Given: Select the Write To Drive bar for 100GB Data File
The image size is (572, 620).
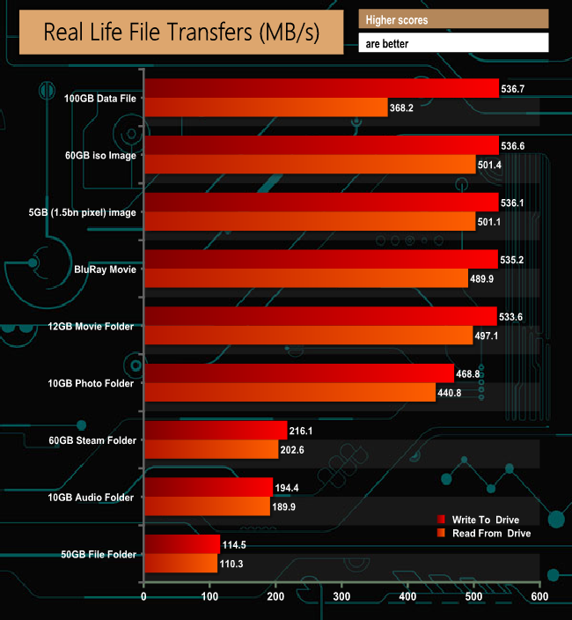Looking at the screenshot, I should coord(321,88).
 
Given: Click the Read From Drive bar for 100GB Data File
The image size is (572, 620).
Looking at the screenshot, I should coord(266,107).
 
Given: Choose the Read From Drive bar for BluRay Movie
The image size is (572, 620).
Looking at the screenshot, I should coord(305,278).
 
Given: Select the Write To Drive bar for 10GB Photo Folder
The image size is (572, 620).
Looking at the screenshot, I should coord(298,373).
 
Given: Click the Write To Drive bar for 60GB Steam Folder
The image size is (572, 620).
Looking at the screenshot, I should coord(215,430).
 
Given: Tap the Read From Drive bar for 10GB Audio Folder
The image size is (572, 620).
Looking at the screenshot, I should coord(207,506).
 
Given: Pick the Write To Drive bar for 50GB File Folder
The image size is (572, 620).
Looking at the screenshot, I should coord(181,543).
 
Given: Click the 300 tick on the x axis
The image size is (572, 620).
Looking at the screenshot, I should coord(341,597).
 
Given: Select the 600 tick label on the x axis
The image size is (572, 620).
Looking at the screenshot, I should coord(539,597).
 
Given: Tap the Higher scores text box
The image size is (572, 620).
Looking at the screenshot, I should coord(453,19).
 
